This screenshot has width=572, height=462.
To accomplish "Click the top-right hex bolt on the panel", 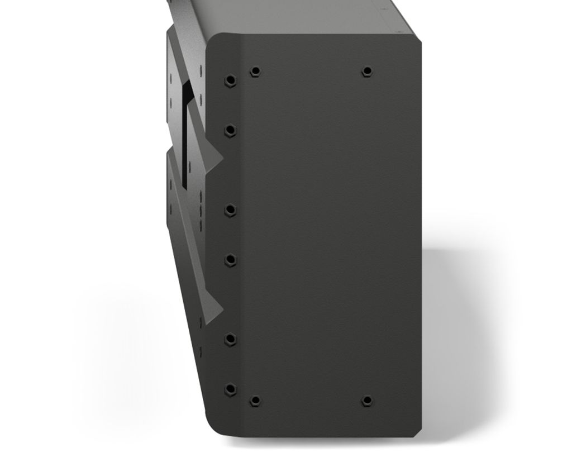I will click(x=367, y=72).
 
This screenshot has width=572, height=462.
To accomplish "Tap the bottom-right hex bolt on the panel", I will click(x=367, y=401).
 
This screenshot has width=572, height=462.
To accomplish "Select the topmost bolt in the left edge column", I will click(x=230, y=80).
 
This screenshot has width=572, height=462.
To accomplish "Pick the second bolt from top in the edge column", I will click(x=230, y=131).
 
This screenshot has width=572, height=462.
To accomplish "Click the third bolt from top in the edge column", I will click(x=230, y=209).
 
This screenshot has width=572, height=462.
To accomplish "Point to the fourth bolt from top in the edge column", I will click(x=230, y=260).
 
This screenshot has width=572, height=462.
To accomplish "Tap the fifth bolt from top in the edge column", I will click(x=230, y=339).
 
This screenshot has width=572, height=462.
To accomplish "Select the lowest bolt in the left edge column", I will click(x=230, y=389).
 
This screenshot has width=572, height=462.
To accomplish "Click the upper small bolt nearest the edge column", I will click(x=255, y=72).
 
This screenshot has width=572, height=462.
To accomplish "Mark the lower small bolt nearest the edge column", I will click(x=255, y=401).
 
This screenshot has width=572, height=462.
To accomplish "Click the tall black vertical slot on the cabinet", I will click(x=184, y=134).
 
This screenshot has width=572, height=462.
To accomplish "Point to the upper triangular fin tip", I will click(x=221, y=161).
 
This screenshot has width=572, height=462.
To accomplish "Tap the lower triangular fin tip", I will click(x=221, y=310).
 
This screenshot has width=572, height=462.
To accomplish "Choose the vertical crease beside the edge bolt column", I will click(x=241, y=235).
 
